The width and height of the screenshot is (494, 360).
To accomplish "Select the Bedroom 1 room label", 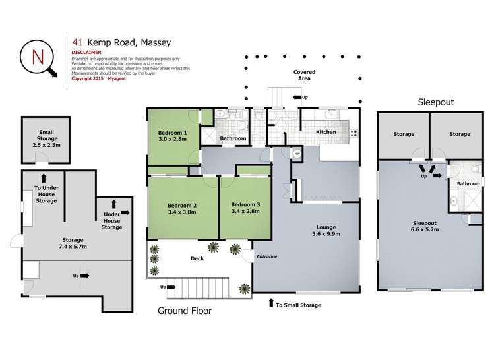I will (173, 133).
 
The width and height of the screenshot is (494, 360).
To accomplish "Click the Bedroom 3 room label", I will (245, 205).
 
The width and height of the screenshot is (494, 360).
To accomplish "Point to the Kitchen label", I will (326, 132).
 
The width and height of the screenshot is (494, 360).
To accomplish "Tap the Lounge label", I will (326, 227).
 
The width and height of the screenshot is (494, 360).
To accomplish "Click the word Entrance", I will (267, 255).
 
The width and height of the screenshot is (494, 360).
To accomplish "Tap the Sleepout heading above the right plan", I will (435, 102).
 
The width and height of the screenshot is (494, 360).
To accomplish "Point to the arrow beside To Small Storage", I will (270, 304).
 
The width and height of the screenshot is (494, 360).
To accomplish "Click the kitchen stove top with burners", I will (354, 132).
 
